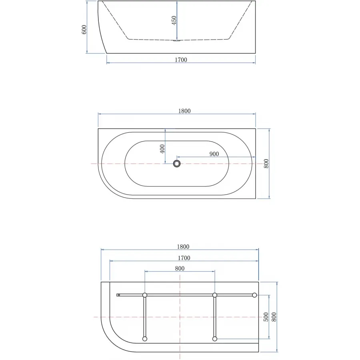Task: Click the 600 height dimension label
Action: point(84,30)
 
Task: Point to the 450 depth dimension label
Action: point(174,20)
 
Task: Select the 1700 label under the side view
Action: point(181,60)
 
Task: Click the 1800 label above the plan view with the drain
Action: point(184,111)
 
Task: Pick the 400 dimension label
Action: point(162,149)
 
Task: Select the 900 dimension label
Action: point(214,154)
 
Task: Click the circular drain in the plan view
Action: point(176,164)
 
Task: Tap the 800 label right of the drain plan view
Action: point(266,164)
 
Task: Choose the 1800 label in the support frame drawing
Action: point(183,246)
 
